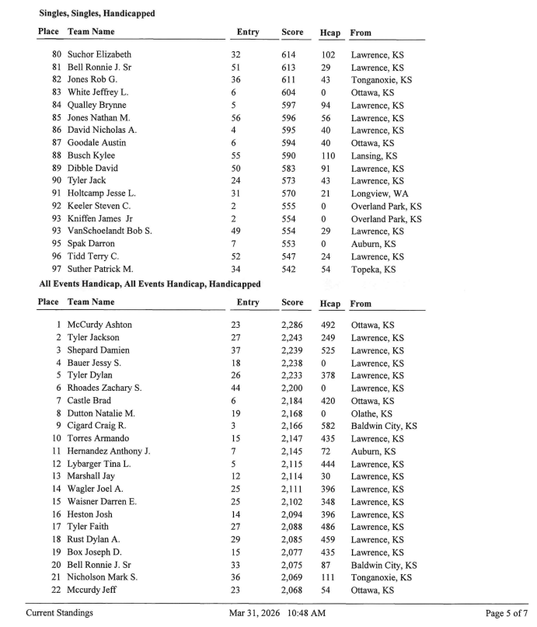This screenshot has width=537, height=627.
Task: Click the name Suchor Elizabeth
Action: click(x=99, y=55)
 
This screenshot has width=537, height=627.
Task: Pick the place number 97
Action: click(x=57, y=269)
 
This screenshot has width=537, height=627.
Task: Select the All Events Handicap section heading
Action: click(x=149, y=284)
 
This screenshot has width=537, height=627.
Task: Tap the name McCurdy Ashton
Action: click(x=99, y=325)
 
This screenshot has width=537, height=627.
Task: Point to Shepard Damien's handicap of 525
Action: click(x=329, y=350)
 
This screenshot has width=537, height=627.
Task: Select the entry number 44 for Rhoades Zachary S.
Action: click(x=236, y=388)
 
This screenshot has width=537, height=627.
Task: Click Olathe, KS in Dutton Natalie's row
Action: click(x=371, y=413)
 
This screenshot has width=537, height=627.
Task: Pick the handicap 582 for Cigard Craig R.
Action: click(x=329, y=426)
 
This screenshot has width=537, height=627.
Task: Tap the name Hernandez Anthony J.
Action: click(x=109, y=451)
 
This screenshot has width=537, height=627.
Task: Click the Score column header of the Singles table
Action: click(x=292, y=33)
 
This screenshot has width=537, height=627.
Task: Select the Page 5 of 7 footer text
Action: click(x=505, y=613)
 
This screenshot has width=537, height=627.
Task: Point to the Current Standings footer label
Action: click(x=60, y=613)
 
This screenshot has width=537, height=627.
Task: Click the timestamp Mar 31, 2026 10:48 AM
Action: click(x=277, y=613)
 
